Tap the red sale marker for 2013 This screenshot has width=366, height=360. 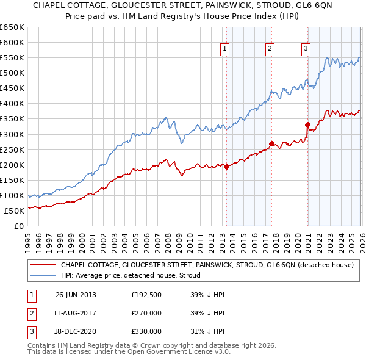(x=226, y=166)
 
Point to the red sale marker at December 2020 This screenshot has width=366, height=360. (x=308, y=124)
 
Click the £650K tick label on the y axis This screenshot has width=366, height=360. (x=12, y=27)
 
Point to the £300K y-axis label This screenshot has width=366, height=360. (x=12, y=134)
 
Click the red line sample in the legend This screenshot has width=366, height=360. (x=43, y=265)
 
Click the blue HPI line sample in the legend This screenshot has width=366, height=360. (x=43, y=275)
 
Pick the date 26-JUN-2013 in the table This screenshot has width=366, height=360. (x=76, y=295)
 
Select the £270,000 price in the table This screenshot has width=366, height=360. (x=146, y=313)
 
